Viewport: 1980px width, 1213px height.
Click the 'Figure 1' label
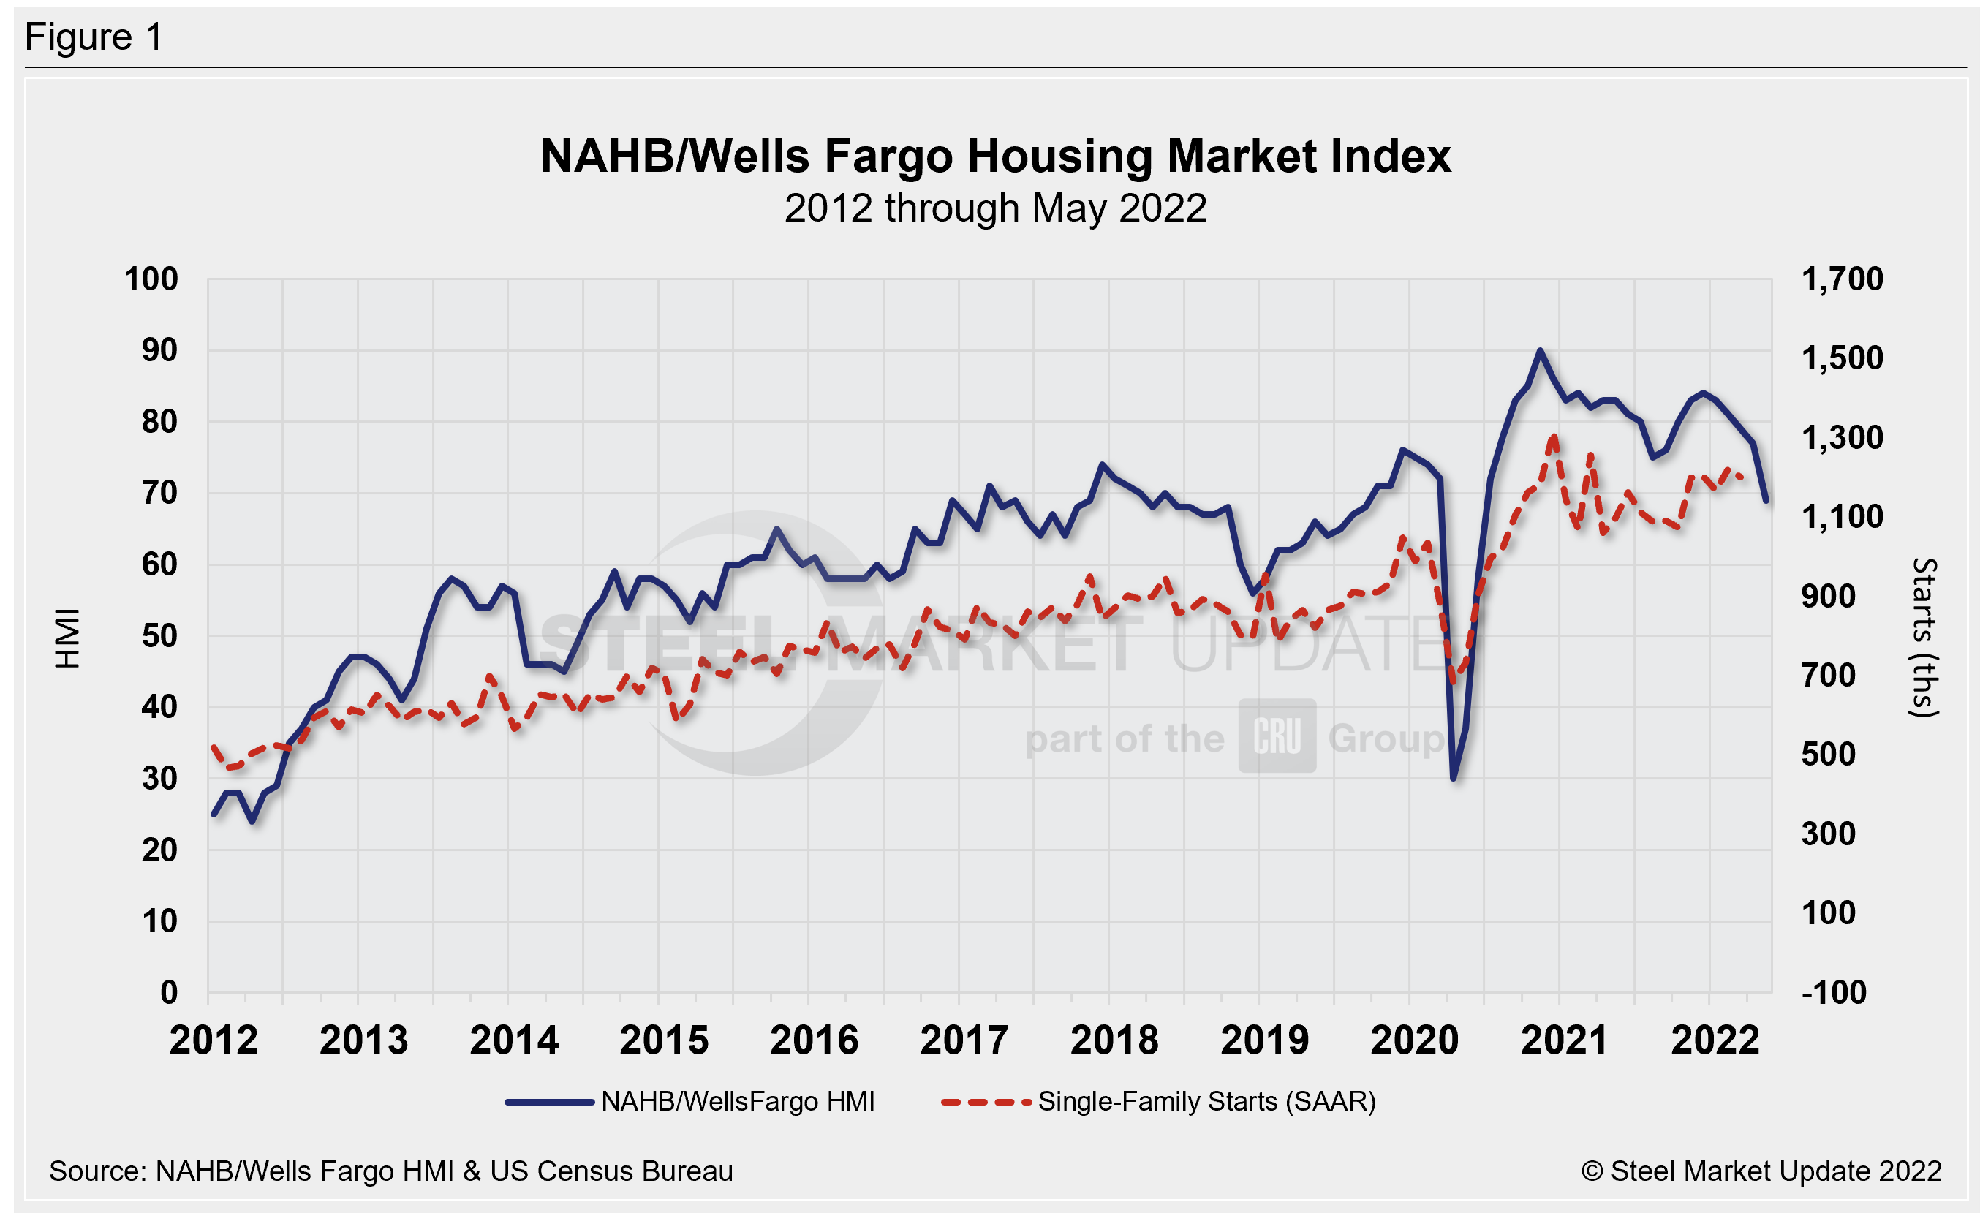[x=94, y=37]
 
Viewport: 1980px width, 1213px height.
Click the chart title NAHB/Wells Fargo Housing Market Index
[x=995, y=156]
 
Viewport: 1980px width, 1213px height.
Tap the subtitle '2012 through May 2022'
[x=995, y=209]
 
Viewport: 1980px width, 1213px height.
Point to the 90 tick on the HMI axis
[x=159, y=350]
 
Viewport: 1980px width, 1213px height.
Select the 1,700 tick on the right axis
[x=1842, y=279]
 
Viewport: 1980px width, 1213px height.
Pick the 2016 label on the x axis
[x=813, y=1040]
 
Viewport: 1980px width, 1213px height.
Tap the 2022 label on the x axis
[x=1715, y=1040]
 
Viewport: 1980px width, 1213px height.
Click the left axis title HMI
[x=68, y=638]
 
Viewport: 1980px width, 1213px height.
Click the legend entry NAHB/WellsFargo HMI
[x=737, y=1101]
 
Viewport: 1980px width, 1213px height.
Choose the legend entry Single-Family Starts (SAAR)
[x=1206, y=1101]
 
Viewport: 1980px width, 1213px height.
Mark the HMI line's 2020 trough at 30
[x=1454, y=778]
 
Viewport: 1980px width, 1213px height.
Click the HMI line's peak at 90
[x=1540, y=350]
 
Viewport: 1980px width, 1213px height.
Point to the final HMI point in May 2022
[x=1766, y=500]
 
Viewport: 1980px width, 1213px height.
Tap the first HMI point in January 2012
[x=214, y=815]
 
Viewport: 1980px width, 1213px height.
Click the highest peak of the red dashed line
[x=1554, y=437]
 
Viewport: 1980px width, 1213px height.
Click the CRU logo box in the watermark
[x=1277, y=736]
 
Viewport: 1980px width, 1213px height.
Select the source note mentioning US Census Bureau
[x=390, y=1171]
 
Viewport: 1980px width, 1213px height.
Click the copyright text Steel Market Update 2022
[x=1761, y=1171]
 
